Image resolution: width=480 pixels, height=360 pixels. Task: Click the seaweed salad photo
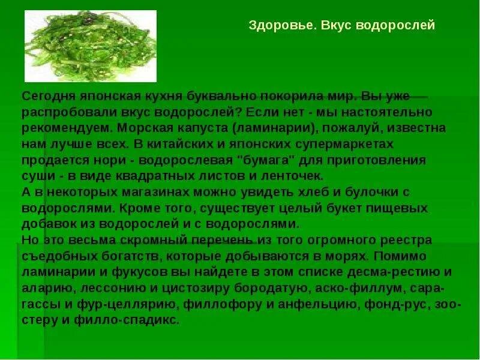90,46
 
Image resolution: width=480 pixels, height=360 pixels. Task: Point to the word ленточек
293,176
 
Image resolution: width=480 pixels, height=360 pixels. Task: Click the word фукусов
121,272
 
